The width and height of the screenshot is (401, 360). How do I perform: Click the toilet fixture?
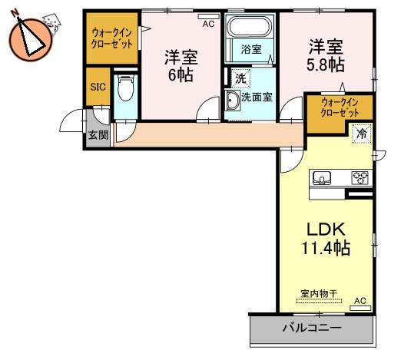tap(125, 88)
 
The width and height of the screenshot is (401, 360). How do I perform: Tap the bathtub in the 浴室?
tap(250, 27)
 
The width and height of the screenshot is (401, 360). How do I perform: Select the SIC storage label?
tap(98, 87)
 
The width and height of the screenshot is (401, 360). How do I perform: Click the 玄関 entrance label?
tap(98, 135)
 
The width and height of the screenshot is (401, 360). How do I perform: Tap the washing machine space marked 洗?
tap(240, 78)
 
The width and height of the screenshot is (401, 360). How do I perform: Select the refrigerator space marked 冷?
tap(362, 134)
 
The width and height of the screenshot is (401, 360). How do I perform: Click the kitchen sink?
tap(322, 177)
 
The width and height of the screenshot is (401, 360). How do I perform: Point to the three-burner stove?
tap(360, 177)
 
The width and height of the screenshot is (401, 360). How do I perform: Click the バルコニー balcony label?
tap(312, 328)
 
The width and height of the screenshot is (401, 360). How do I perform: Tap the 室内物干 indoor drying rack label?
tap(319, 293)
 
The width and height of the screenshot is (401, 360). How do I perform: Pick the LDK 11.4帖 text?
tap(326, 239)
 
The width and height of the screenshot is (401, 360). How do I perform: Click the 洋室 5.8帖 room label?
tap(326, 56)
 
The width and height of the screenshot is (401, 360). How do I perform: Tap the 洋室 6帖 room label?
tap(181, 65)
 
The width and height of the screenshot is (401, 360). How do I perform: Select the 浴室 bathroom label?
tap(251, 49)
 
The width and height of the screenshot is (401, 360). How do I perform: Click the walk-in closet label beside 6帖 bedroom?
tap(112, 38)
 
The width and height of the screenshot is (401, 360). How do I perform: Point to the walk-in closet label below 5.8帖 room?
tap(340, 107)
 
